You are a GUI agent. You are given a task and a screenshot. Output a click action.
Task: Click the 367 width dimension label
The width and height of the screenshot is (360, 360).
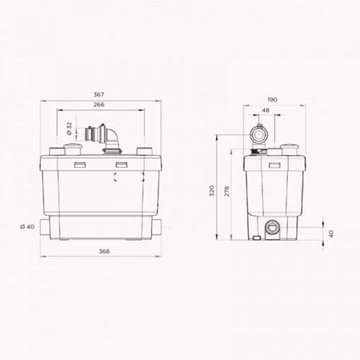[99, 94]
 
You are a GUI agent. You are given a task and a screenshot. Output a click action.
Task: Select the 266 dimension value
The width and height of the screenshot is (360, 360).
[99, 104]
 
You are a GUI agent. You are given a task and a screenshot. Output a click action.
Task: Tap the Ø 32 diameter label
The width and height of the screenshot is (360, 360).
[69, 129]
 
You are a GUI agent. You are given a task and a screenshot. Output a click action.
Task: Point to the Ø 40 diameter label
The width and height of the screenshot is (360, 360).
[27, 227]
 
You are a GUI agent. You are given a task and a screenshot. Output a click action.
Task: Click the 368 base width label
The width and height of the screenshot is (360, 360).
[104, 251]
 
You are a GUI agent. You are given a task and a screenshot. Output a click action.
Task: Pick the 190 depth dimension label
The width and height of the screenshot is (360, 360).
[272, 99]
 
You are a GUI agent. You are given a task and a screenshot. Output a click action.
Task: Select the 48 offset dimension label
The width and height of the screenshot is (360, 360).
[266, 110]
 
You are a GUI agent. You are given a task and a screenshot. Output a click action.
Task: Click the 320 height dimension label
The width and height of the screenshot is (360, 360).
[212, 191]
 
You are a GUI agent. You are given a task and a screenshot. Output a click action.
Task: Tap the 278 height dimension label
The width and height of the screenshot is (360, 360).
[227, 192]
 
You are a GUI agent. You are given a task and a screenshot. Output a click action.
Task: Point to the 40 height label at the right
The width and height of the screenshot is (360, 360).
[331, 233]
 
